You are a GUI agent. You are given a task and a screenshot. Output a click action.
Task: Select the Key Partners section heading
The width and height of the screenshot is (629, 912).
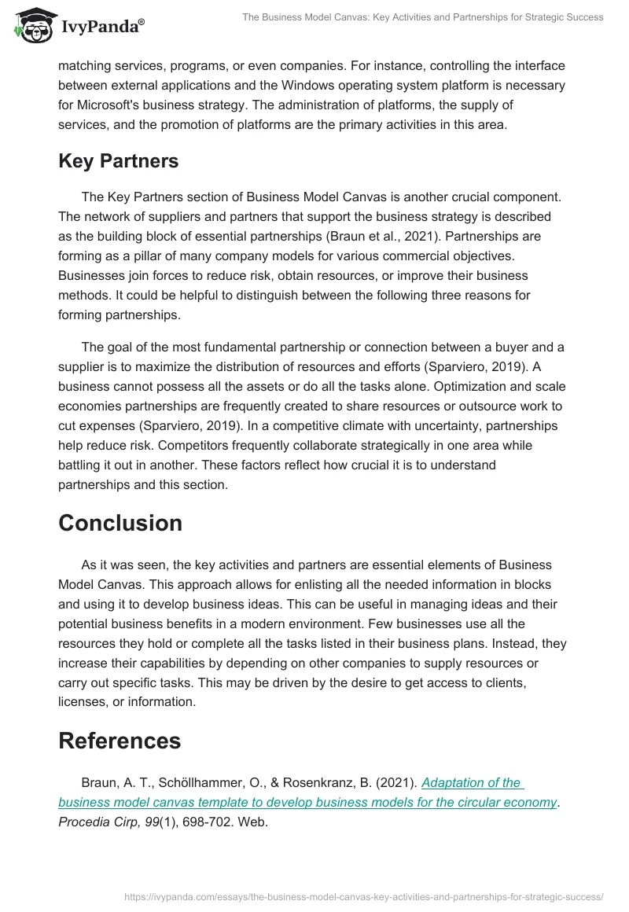click(x=118, y=161)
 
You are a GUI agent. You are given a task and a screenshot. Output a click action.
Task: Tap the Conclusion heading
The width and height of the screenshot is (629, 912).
click(x=120, y=523)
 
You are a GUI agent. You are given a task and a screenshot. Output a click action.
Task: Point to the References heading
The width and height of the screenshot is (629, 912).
click(x=120, y=740)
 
